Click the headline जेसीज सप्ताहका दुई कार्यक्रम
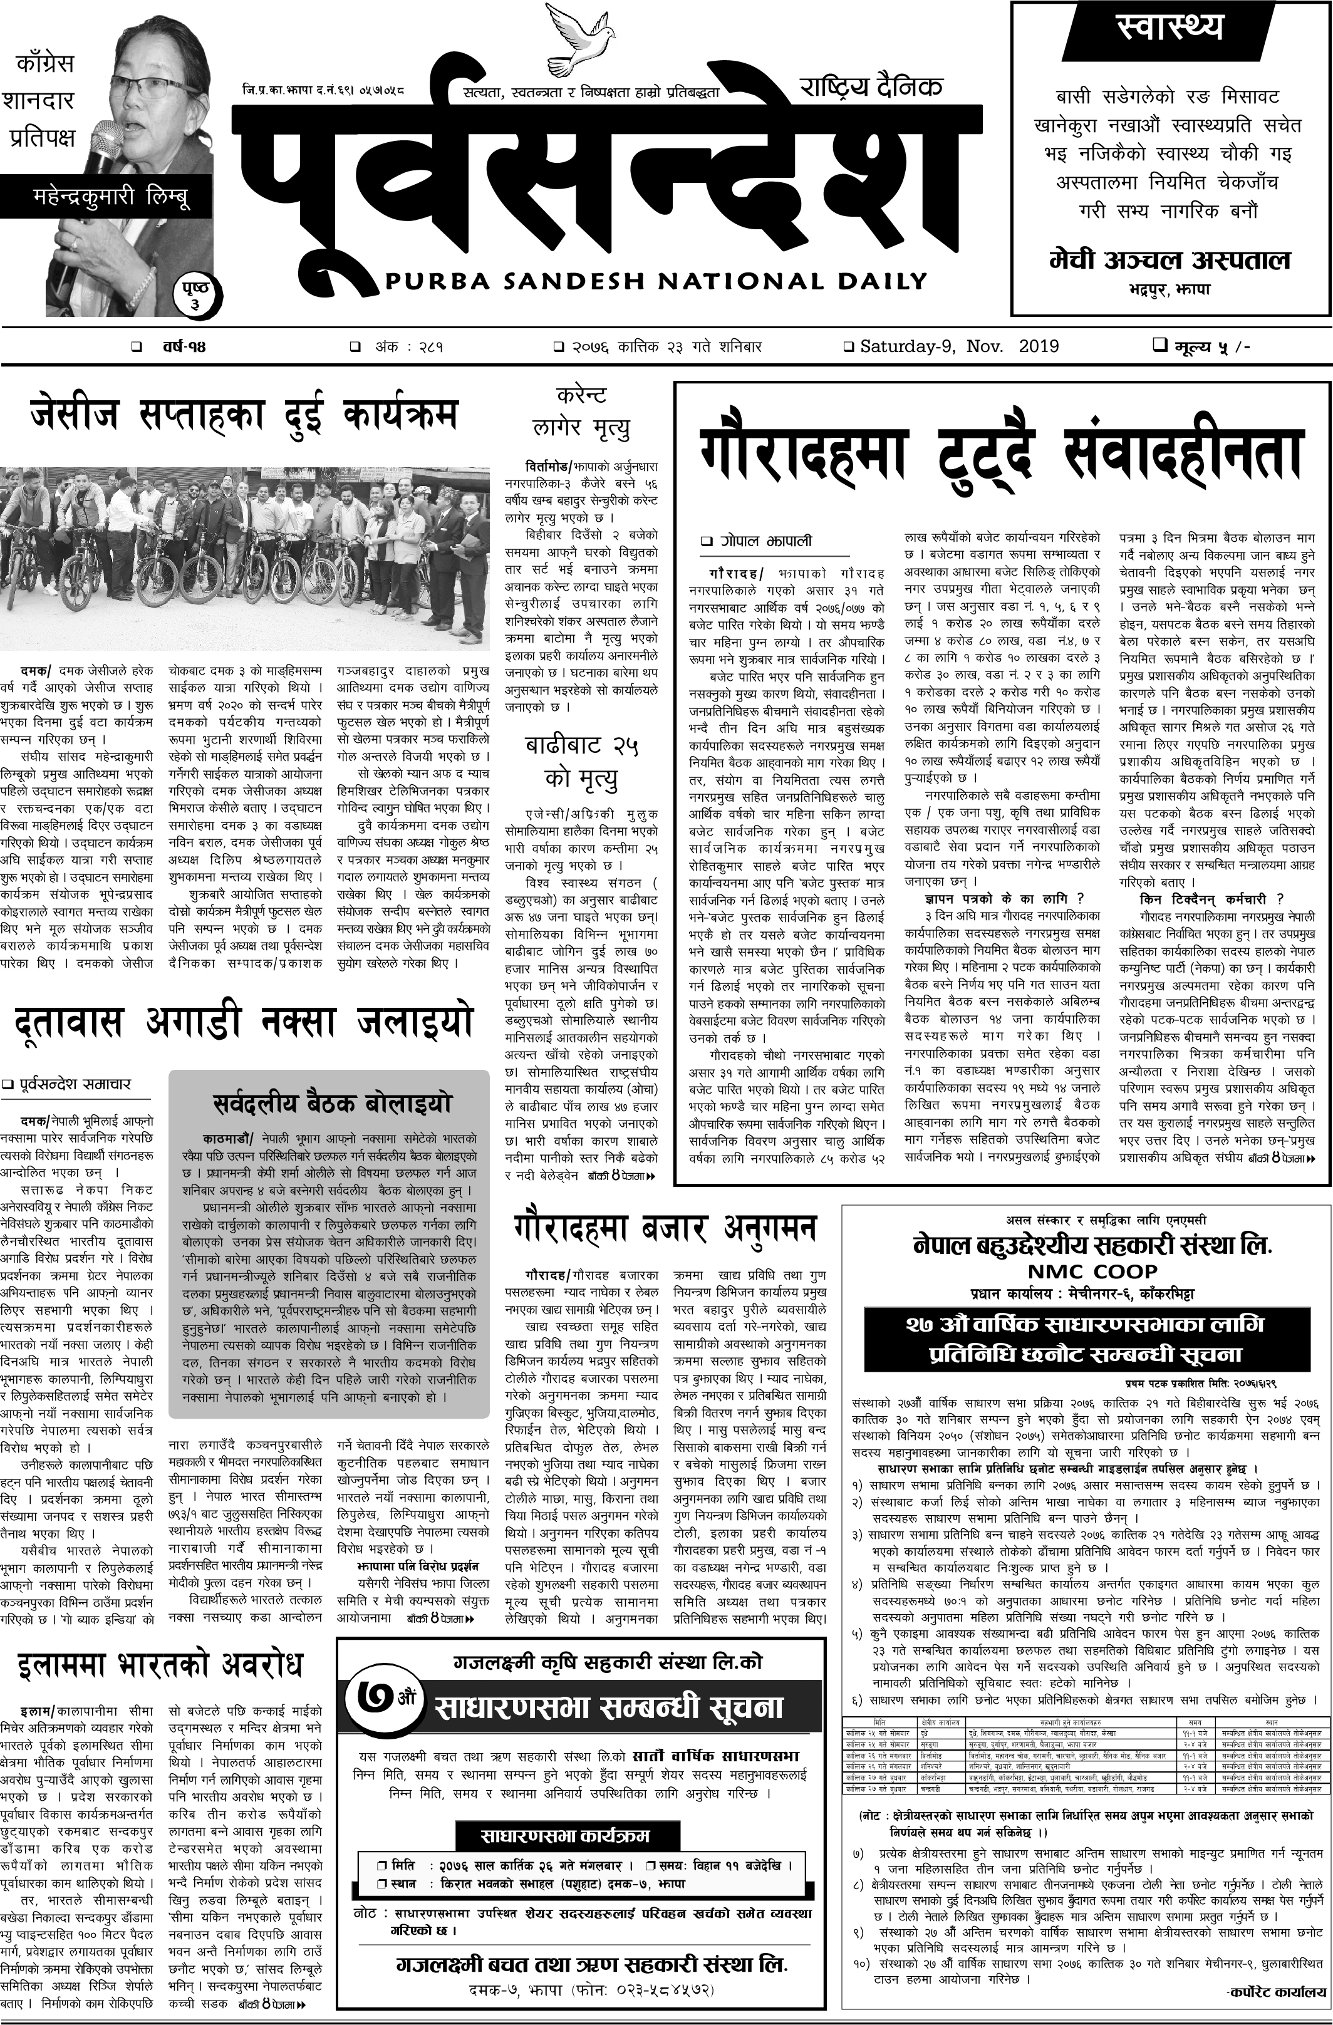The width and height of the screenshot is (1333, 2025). coord(244,415)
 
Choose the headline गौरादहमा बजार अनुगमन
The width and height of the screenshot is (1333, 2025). coord(665,1230)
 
